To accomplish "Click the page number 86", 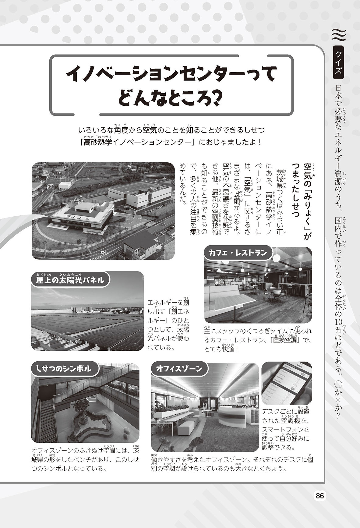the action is [319, 495].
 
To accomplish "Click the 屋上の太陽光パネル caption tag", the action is [70, 279].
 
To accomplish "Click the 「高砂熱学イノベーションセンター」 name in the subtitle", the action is [136, 142].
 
